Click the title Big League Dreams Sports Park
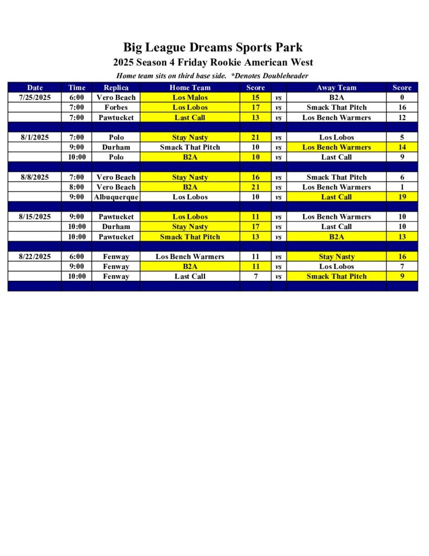[213, 47]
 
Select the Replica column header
[116, 87]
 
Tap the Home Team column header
[190, 87]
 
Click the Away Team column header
[336, 87]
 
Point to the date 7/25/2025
[35, 98]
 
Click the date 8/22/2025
[35, 256]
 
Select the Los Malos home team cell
[190, 98]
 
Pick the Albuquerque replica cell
[116, 197]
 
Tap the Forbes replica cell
[116, 108]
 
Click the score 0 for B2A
[402, 98]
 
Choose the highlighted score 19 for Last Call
[402, 197]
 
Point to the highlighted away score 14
[402, 147]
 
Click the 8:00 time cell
[76, 187]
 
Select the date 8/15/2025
[35, 217]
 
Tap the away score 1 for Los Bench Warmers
[402, 187]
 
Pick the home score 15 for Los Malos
[255, 98]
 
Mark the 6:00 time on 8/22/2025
[76, 256]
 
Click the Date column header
[35, 87]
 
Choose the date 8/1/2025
[35, 137]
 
